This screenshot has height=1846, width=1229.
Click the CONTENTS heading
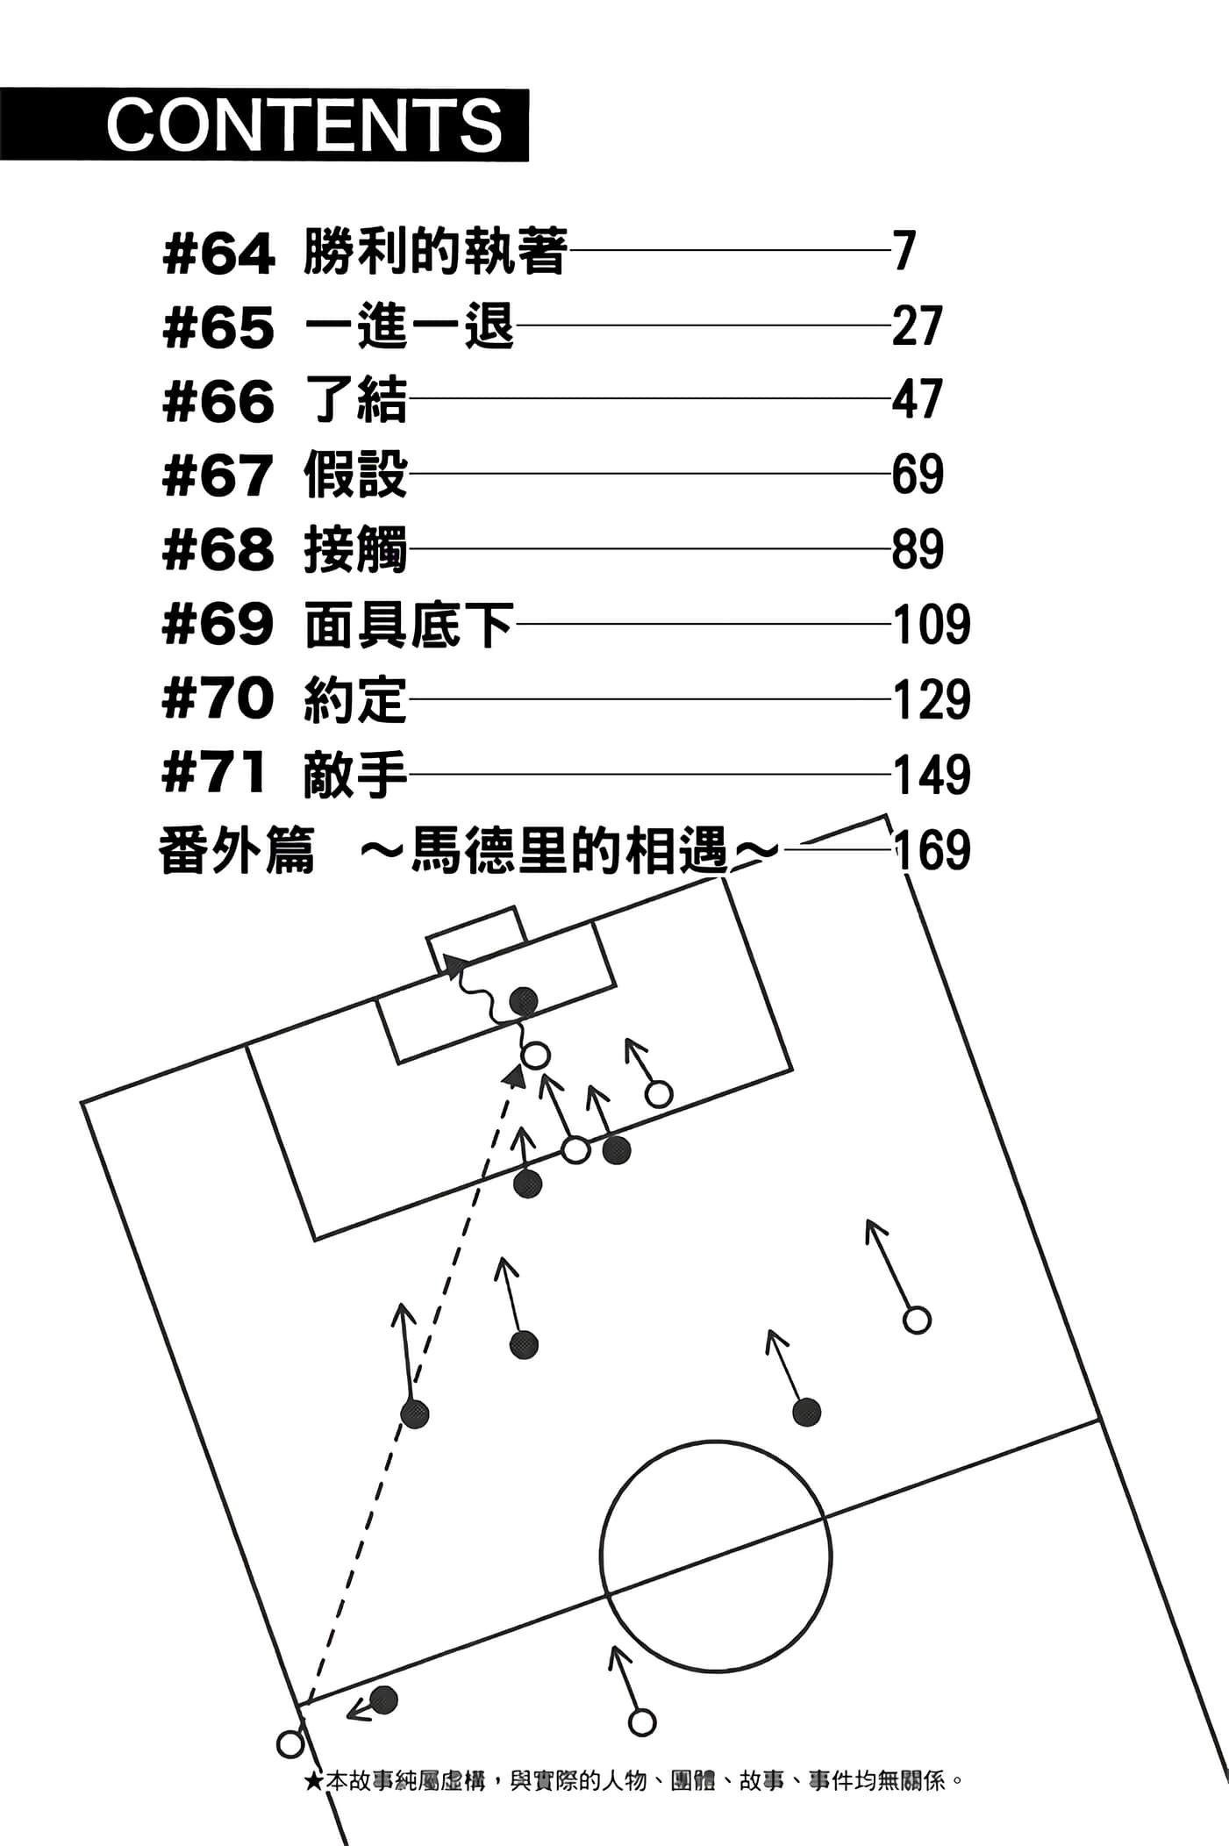[304, 125]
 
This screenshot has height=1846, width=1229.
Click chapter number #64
[218, 254]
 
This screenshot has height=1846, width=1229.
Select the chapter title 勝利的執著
[435, 252]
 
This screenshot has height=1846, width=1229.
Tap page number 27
[917, 326]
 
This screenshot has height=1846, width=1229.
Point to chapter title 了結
[355, 400]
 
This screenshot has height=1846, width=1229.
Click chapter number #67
[218, 476]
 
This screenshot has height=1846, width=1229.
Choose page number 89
[917, 550]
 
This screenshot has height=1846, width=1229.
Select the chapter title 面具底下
[409, 625]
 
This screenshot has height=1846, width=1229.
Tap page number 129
[931, 700]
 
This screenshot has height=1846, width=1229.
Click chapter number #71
[215, 775]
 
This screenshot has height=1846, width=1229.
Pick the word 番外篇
[236, 851]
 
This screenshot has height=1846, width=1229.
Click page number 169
[931, 850]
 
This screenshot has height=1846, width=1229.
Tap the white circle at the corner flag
[290, 1743]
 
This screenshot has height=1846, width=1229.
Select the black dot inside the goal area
[524, 1001]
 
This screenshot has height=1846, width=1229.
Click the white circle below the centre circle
[642, 1722]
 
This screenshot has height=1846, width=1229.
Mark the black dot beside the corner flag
[383, 1700]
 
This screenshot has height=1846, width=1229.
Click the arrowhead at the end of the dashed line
[516, 1076]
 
